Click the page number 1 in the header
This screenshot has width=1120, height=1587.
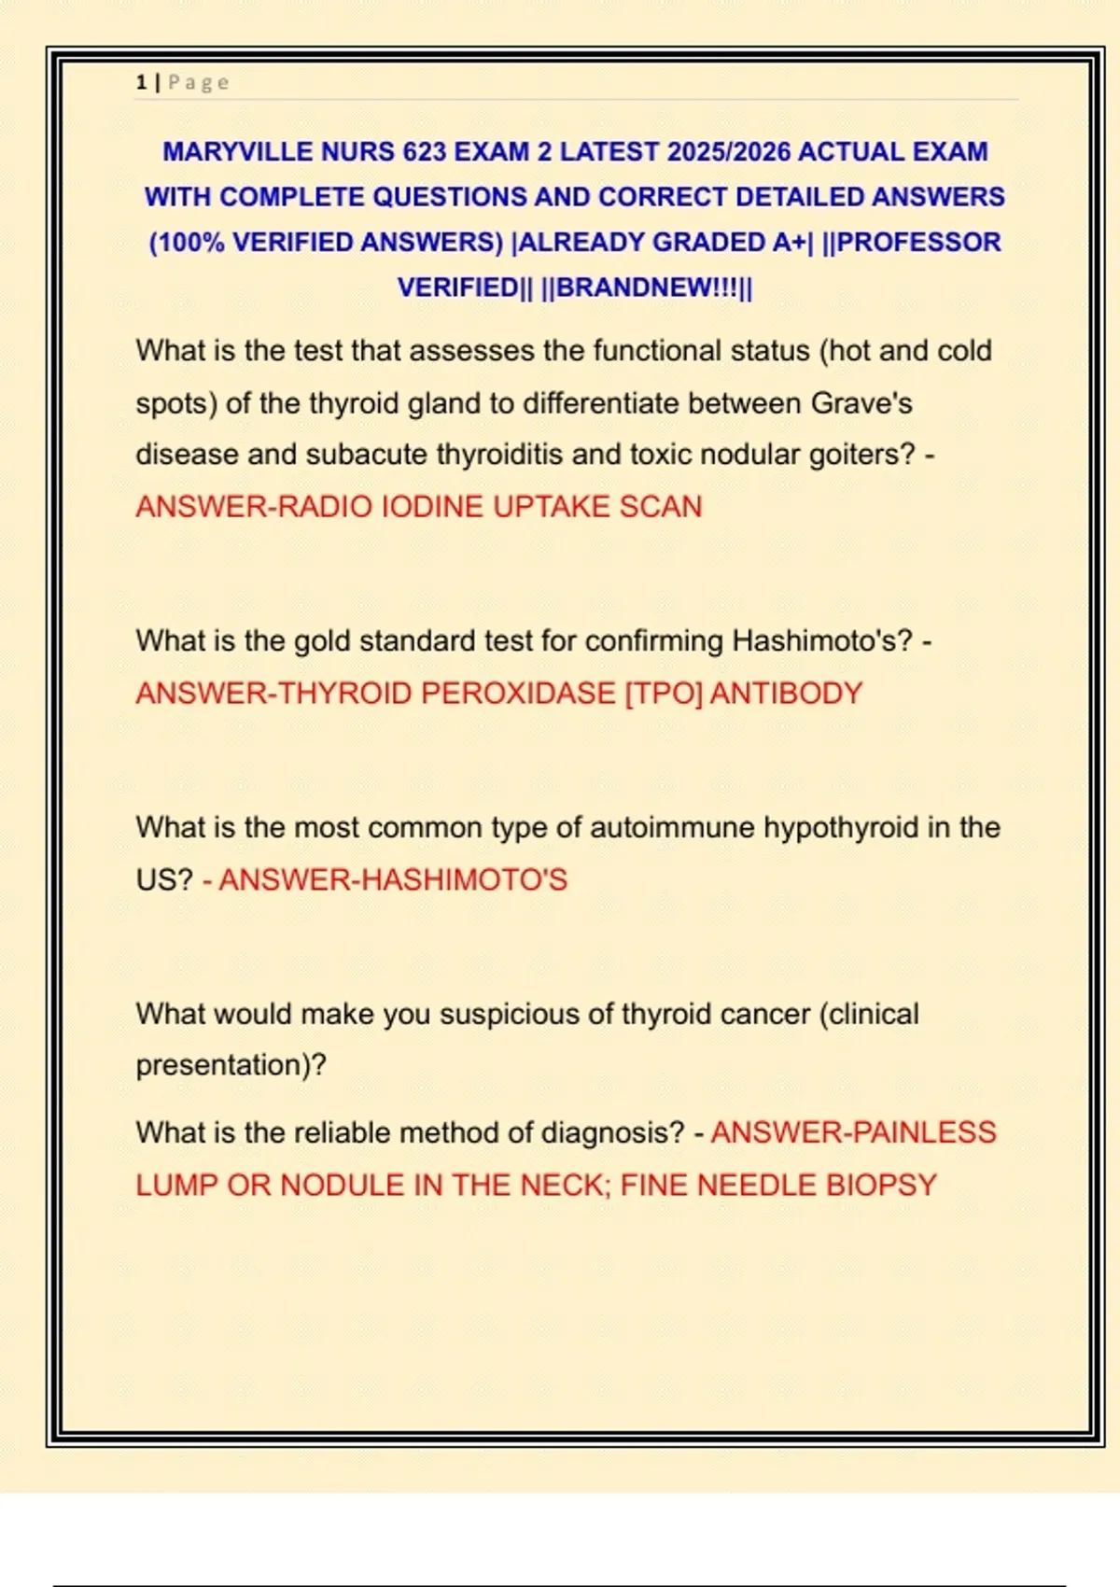pos(141,82)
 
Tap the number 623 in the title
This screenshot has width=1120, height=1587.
pos(424,151)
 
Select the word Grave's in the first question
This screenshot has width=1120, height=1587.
pos(861,403)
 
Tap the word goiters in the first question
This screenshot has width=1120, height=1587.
pos(858,455)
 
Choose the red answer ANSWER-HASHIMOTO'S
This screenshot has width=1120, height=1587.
pos(392,880)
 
